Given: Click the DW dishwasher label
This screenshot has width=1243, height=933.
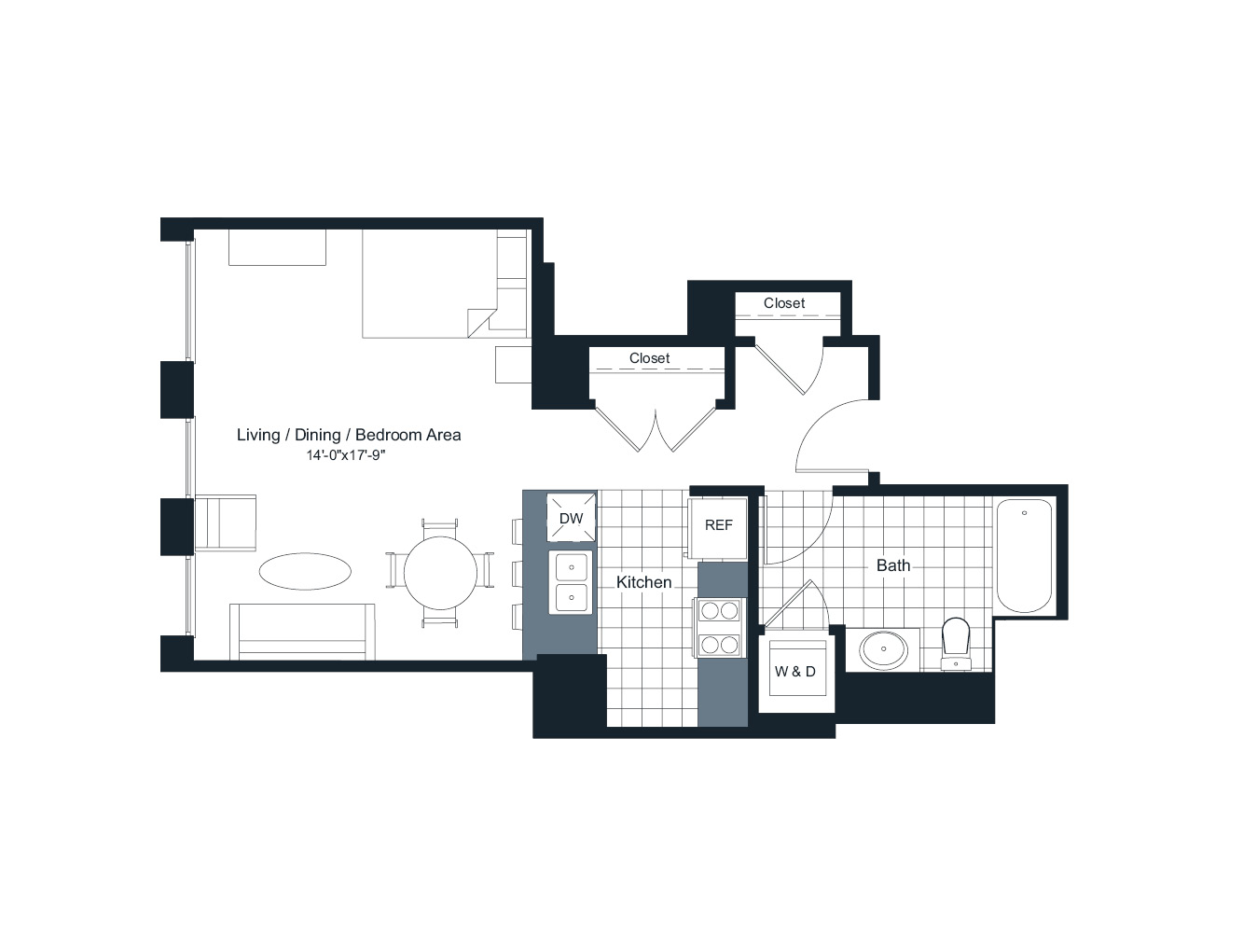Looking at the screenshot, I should tap(571, 519).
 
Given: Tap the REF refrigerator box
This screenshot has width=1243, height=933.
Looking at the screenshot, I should tap(718, 525).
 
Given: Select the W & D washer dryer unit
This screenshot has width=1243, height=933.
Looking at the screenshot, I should tap(795, 671).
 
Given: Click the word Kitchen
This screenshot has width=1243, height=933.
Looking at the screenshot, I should tap(643, 582).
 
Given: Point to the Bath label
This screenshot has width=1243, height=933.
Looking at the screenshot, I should tap(892, 565).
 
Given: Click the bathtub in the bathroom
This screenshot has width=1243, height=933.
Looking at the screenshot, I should tap(1024, 556).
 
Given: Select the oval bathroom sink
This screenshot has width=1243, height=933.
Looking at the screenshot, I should tap(883, 650).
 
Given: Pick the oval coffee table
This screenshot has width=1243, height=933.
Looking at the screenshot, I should tap(305, 571).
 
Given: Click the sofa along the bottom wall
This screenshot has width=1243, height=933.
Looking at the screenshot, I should tap(302, 633).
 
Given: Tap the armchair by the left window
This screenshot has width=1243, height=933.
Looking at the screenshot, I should tap(226, 523).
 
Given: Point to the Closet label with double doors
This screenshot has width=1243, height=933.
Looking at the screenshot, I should tap(649, 358).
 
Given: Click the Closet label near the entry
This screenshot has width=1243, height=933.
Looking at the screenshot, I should tap(783, 303).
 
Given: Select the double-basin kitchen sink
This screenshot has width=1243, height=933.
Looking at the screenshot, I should tap(572, 582).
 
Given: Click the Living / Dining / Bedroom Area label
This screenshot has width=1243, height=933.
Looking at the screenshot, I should tap(349, 435).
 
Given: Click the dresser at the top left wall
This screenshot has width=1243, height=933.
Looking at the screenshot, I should tap(277, 247).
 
